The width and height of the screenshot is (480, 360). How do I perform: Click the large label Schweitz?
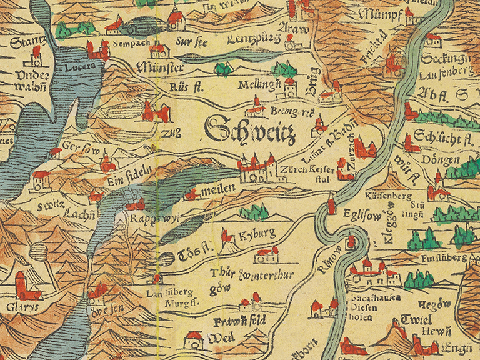tap(249, 129)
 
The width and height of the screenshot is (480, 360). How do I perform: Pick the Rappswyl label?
tap(147, 221)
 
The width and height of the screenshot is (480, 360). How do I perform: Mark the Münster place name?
tap(164, 67)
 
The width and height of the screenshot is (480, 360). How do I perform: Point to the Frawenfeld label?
tap(239, 321)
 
